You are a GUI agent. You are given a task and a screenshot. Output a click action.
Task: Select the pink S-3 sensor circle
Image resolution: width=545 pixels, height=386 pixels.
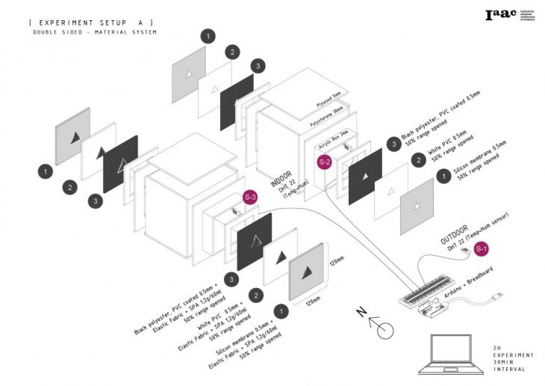click(x=251, y=197)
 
